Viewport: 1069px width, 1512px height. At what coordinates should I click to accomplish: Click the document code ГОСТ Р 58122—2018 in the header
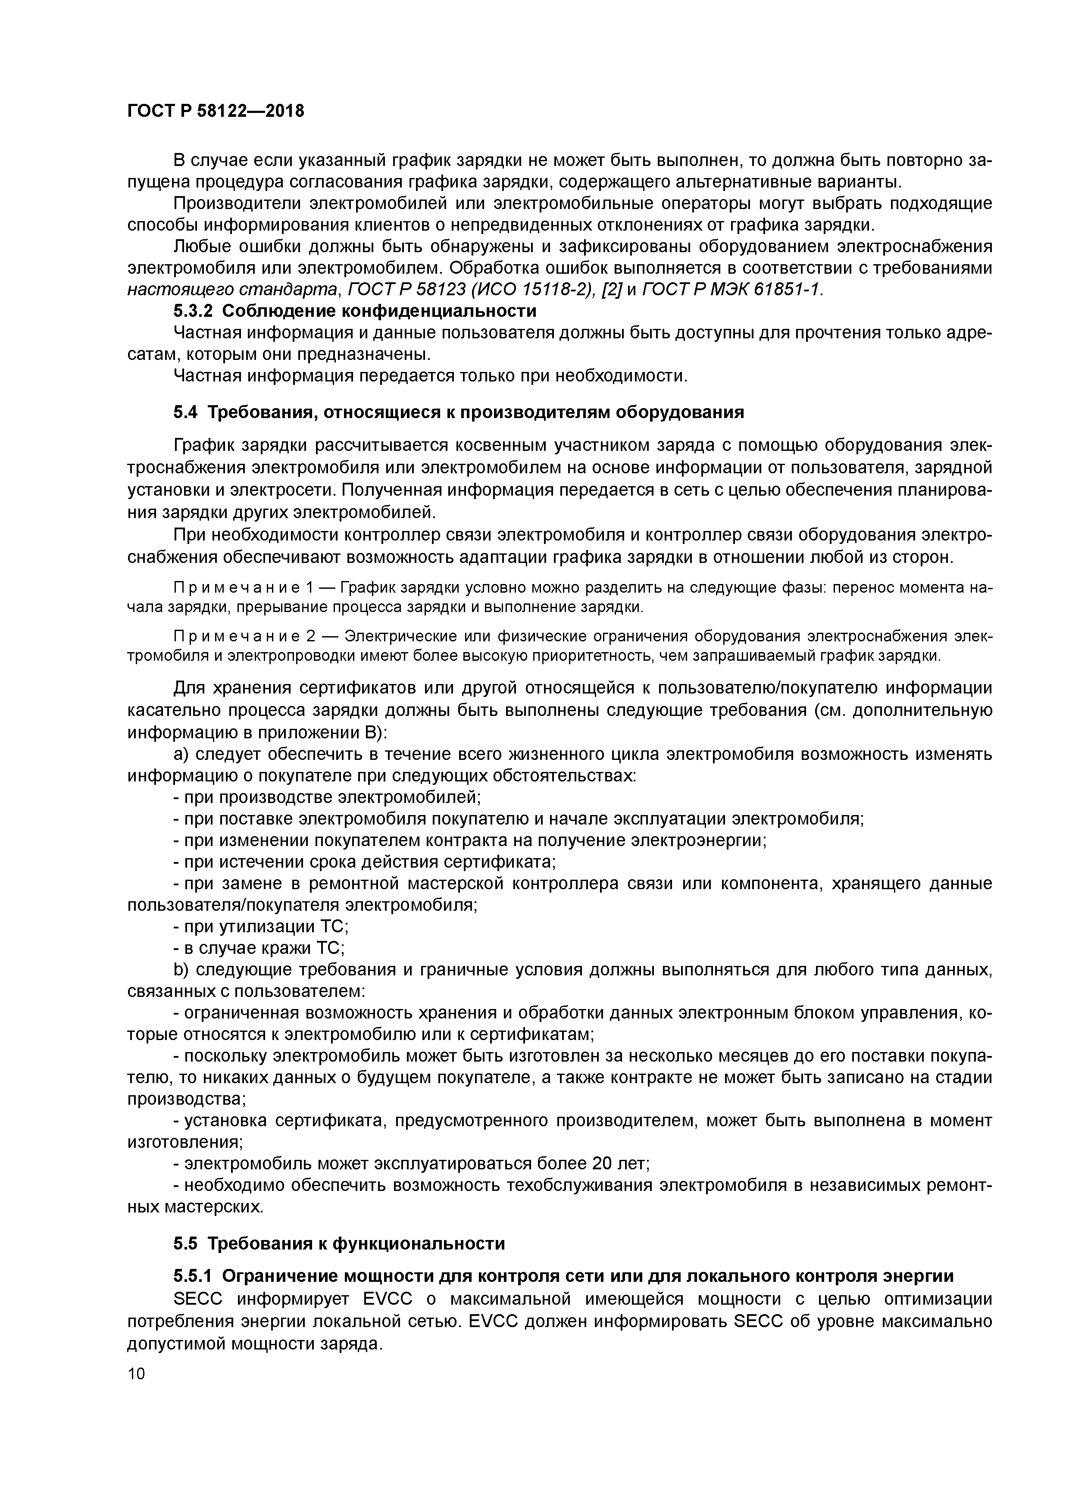(216, 111)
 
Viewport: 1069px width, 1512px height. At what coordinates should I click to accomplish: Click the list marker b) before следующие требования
(180, 970)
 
